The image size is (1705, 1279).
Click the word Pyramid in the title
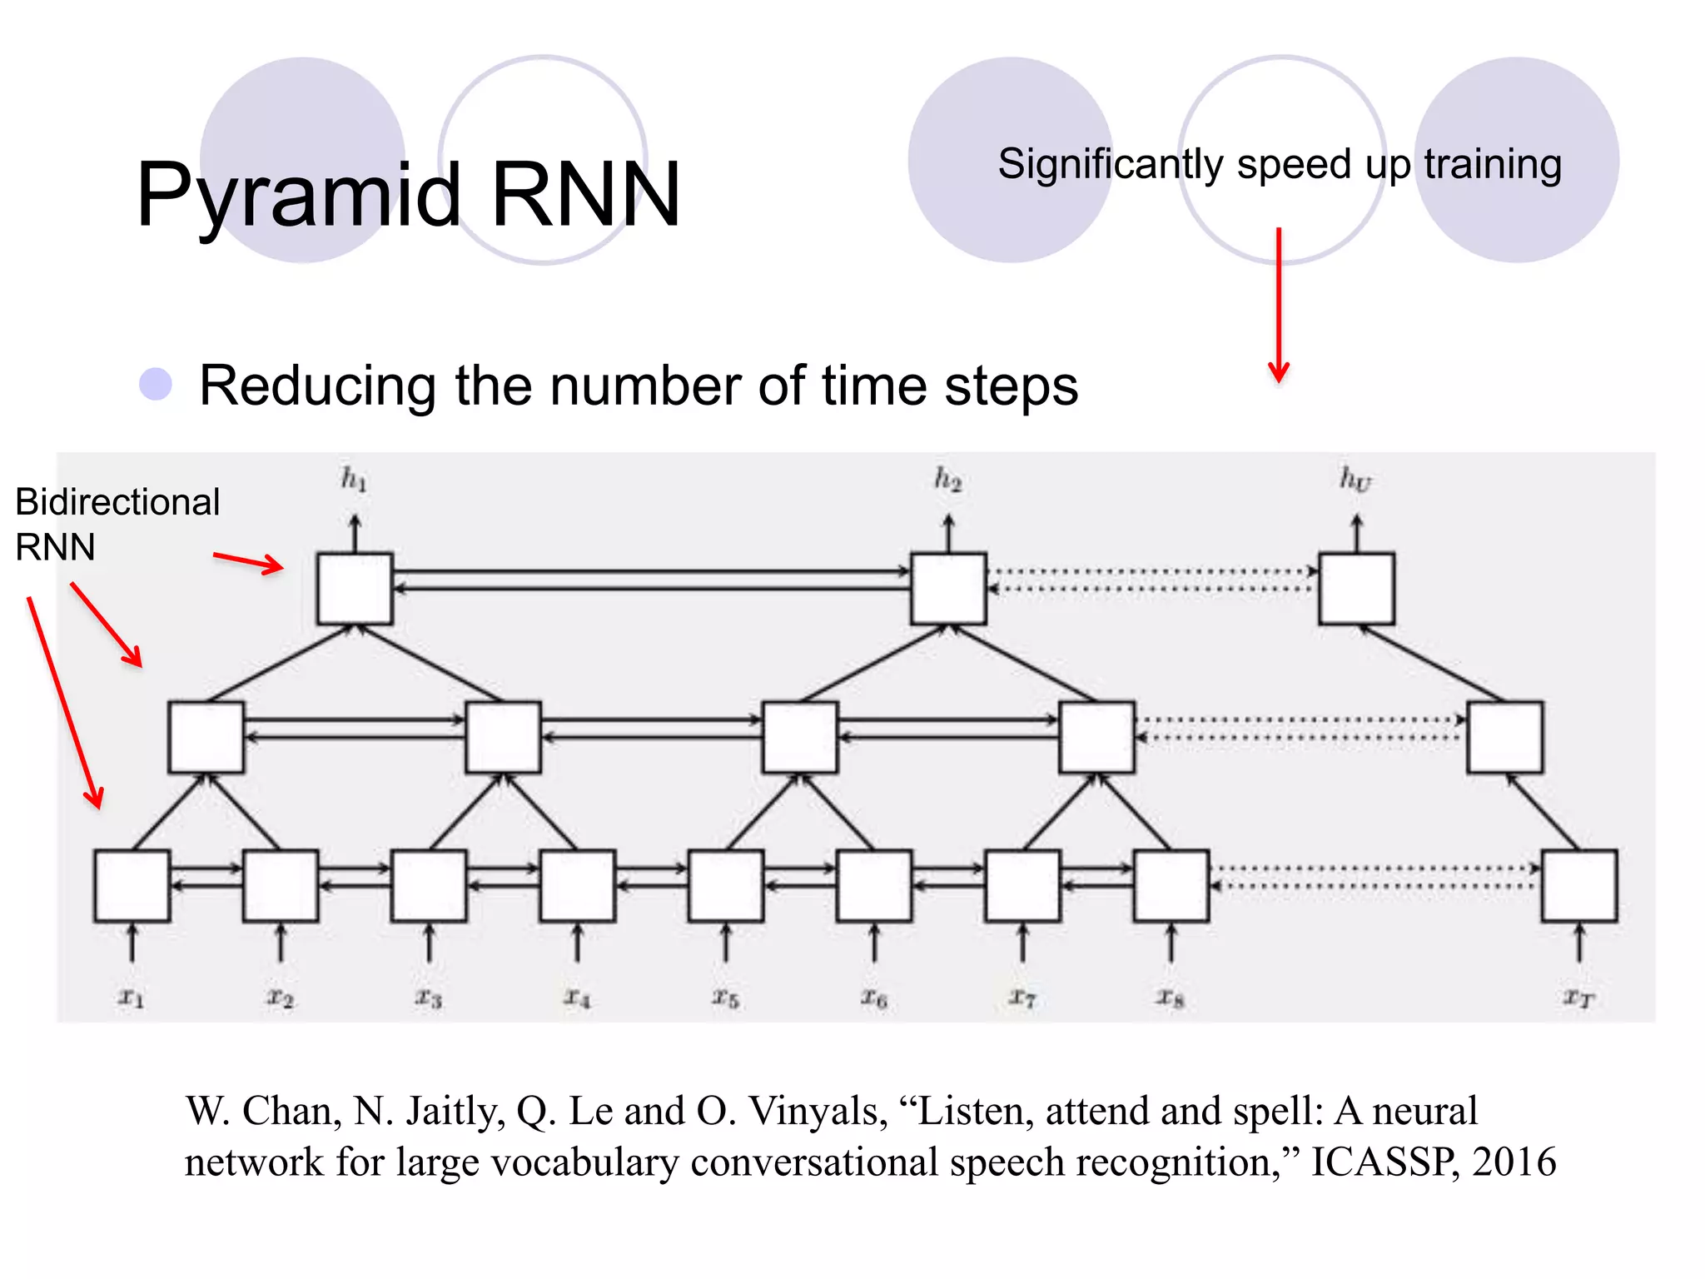(298, 196)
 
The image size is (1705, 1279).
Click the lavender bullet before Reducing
(156, 385)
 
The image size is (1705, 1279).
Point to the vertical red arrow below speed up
(1279, 304)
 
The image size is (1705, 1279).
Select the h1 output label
(354, 480)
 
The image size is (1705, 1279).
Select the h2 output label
(947, 480)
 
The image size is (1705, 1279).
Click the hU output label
(1355, 480)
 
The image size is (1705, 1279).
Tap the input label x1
(131, 997)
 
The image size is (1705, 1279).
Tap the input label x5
(725, 997)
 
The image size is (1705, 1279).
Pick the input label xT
(1578, 997)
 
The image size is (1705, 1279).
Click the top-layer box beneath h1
(355, 589)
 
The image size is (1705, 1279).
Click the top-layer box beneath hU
(1356, 589)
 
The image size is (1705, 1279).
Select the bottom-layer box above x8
(1171, 886)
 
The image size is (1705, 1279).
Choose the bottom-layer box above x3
(429, 886)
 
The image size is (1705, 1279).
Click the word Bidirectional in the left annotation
(117, 502)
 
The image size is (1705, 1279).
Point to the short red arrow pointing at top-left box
(248, 562)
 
